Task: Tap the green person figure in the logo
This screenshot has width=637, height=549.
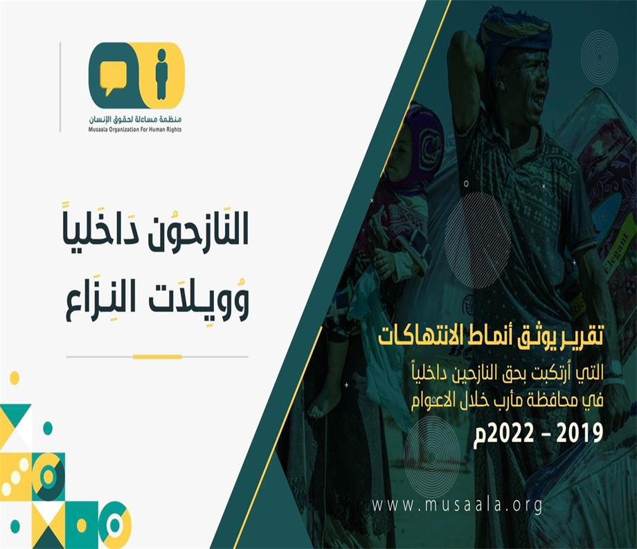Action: (162, 74)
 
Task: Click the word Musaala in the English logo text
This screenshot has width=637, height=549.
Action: (97, 129)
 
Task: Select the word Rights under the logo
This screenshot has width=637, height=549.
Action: (172, 129)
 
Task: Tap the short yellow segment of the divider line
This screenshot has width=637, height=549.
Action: (157, 357)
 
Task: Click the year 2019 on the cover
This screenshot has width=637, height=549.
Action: (580, 433)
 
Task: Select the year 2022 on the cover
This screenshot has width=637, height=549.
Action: (510, 434)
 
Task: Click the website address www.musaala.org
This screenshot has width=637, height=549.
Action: (458, 506)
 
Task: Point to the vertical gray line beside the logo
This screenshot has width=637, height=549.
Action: (60, 87)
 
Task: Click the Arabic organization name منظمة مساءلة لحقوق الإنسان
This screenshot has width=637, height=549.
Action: (135, 120)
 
